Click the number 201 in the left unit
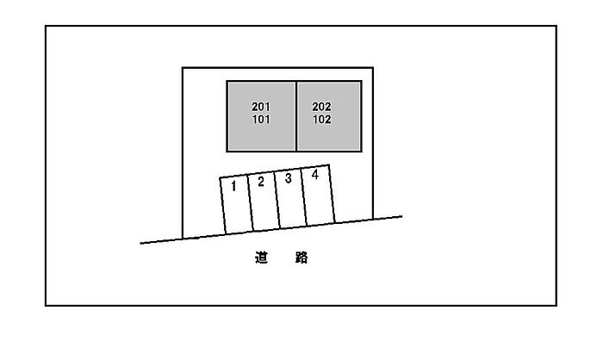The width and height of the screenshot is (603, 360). pyautogui.click(x=261, y=107)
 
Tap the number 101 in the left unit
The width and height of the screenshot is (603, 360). pyautogui.click(x=261, y=120)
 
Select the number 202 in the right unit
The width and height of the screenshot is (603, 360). pyautogui.click(x=321, y=107)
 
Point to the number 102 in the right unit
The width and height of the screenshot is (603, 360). pyautogui.click(x=321, y=120)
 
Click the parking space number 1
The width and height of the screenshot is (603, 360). pyautogui.click(x=233, y=187)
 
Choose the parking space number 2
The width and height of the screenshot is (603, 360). pyautogui.click(x=261, y=182)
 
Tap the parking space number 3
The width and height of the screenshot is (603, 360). pyautogui.click(x=288, y=178)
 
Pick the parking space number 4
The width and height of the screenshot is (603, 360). pyautogui.click(x=315, y=175)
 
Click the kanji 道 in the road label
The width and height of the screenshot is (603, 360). pyautogui.click(x=261, y=258)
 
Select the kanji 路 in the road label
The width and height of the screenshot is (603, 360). pyautogui.click(x=301, y=258)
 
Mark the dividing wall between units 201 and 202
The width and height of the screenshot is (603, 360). pyautogui.click(x=296, y=116)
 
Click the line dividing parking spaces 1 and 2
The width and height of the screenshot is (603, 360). pyautogui.click(x=250, y=202)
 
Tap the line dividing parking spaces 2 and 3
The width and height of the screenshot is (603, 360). pyautogui.click(x=277, y=200)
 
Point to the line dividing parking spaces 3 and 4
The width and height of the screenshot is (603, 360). pyautogui.click(x=304, y=197)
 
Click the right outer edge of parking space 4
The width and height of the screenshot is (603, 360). pyautogui.click(x=332, y=194)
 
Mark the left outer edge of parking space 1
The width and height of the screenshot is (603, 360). pyautogui.click(x=222, y=205)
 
